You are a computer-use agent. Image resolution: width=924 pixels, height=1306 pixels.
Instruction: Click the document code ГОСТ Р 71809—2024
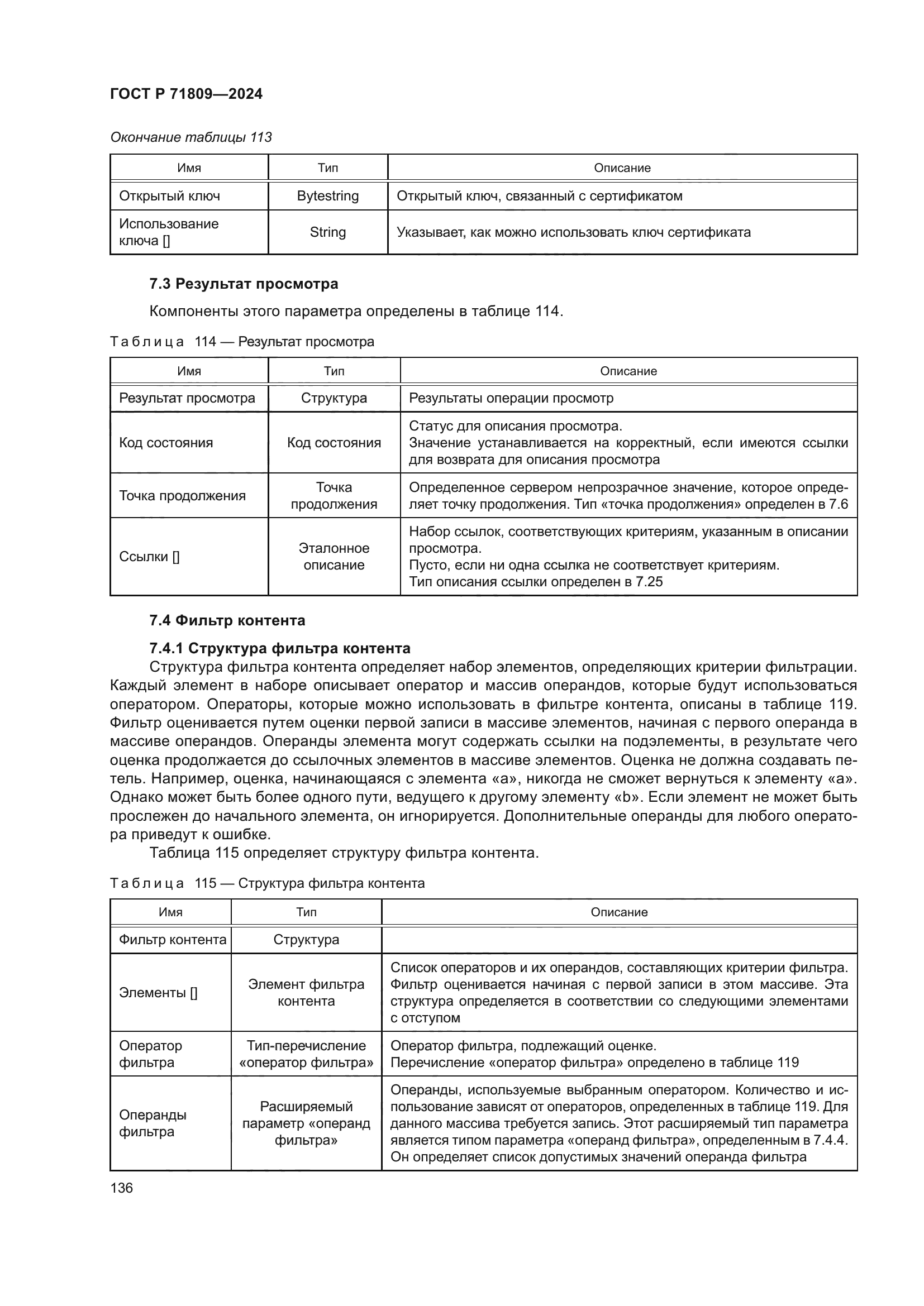coord(186,94)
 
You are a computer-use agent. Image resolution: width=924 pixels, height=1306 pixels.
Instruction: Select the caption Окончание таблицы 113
coord(190,137)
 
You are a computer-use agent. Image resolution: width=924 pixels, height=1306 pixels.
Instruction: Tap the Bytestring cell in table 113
coord(328,196)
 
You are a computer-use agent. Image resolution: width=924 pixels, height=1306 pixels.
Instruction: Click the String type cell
coord(328,232)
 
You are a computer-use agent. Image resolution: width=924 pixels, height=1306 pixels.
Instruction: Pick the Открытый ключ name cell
coord(170,196)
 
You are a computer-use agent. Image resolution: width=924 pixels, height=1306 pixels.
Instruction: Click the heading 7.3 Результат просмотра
coord(244,284)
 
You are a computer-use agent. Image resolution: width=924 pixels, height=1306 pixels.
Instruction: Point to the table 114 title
coord(242,342)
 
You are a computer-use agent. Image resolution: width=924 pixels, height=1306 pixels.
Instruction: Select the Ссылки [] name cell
coord(149,556)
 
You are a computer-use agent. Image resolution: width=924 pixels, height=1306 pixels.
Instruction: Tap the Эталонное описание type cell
coord(334,556)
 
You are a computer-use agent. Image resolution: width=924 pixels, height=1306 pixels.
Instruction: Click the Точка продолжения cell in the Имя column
coord(182,495)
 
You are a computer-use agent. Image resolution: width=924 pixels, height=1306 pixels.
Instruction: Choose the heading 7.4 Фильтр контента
coord(227,620)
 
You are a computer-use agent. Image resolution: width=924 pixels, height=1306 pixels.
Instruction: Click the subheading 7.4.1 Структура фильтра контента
coord(279,648)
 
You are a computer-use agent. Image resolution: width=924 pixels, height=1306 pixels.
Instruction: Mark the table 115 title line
coord(267,883)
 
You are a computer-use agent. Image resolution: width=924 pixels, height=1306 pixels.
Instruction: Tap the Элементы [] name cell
coord(158,993)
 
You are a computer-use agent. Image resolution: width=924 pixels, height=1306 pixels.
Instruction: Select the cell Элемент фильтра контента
coord(306,993)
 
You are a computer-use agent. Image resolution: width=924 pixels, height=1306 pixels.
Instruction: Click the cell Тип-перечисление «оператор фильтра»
coord(306,1054)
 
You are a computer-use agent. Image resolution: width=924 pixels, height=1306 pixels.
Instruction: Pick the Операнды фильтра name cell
coord(153,1123)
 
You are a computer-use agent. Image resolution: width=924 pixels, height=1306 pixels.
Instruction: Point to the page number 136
coord(121,1188)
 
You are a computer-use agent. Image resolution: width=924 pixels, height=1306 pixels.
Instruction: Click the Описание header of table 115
coord(619,912)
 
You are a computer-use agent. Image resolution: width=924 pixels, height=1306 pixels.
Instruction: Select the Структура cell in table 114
coord(334,398)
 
